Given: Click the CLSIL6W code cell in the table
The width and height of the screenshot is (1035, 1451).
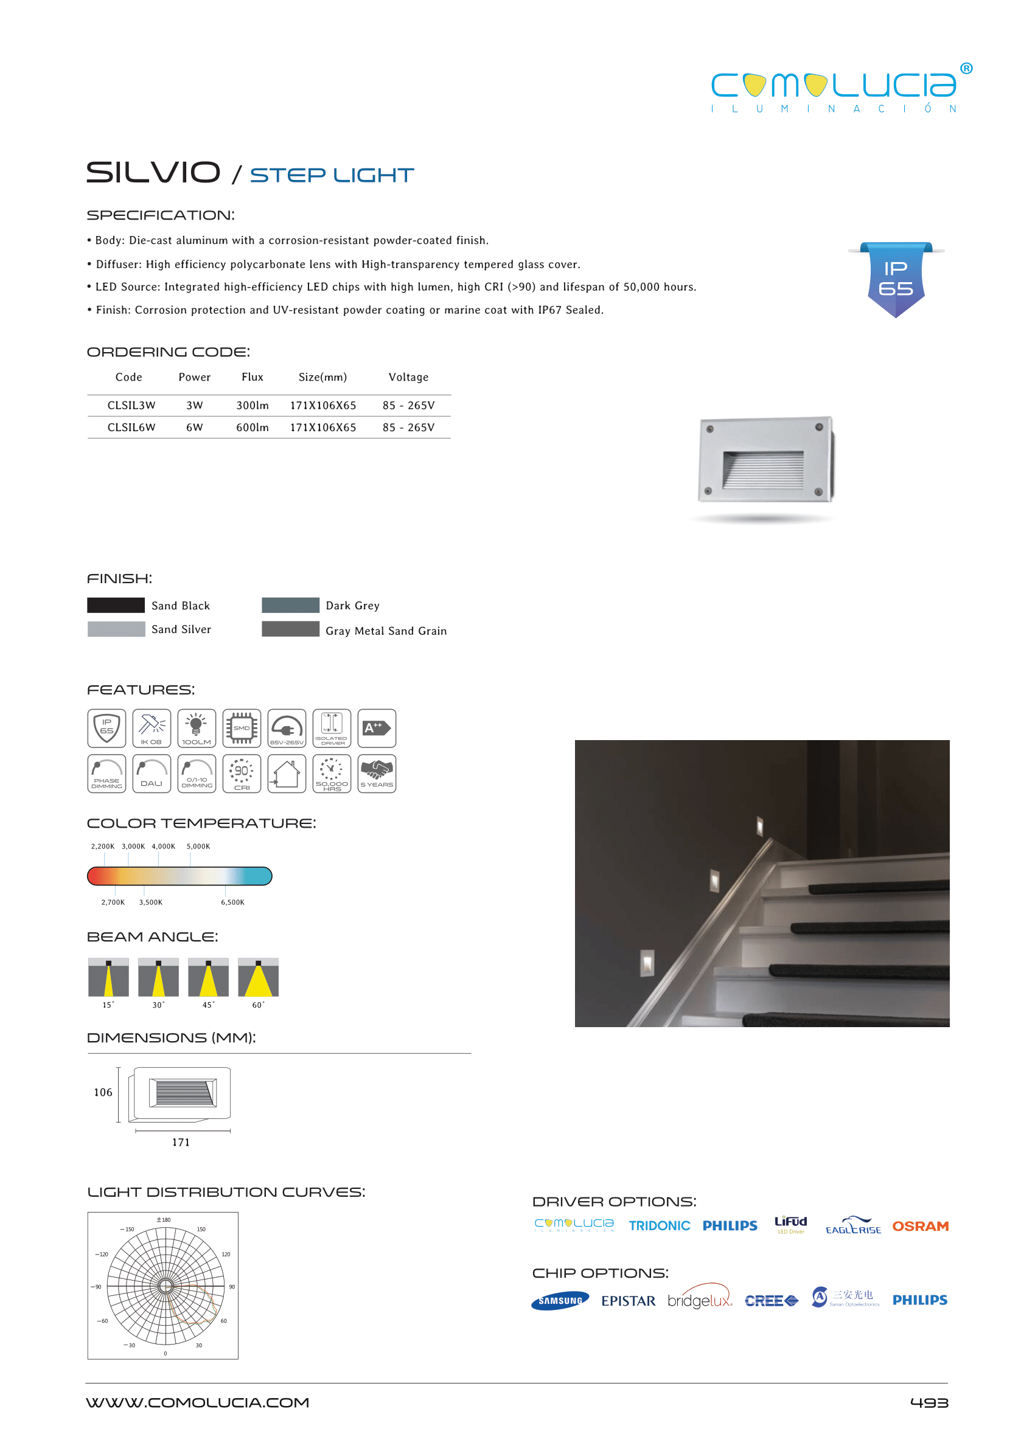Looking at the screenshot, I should tap(131, 428).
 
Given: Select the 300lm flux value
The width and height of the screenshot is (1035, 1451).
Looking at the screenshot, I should tap(253, 405).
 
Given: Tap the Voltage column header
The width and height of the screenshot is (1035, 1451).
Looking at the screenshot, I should tap(408, 377).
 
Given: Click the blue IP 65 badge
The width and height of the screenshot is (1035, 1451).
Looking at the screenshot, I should tap(896, 280).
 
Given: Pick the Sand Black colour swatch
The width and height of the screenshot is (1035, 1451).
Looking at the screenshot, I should tap(116, 605).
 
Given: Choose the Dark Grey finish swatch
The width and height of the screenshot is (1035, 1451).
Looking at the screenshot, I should tap(291, 605).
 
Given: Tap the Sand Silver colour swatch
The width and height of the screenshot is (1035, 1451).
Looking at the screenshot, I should tap(116, 629).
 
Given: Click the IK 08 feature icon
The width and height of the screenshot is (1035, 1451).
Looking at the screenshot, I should tap(152, 728).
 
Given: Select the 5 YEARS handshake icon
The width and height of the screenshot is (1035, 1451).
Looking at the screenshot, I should tap(377, 774).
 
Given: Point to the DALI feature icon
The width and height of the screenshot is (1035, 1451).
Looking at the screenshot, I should tap(152, 774).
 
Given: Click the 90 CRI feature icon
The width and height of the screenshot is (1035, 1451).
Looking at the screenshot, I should tap(242, 774).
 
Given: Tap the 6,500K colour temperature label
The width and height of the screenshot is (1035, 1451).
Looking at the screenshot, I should tap(232, 902).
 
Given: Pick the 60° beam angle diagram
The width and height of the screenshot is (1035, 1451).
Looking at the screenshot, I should tap(258, 978).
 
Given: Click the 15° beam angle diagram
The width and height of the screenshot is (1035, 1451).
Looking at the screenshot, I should tap(108, 978).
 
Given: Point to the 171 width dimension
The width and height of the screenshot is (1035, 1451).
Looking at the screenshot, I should tap(181, 1142).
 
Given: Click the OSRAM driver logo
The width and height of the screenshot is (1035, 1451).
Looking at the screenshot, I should tap(920, 1226).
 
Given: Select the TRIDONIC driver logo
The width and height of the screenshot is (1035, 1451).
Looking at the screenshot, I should tap(660, 1226).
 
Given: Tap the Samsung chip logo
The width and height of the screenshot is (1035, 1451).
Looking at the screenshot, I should tap(560, 1301).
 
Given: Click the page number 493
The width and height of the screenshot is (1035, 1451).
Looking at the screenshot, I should tap(929, 1402).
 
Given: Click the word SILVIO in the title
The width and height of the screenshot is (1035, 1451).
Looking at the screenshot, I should tap(153, 173).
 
